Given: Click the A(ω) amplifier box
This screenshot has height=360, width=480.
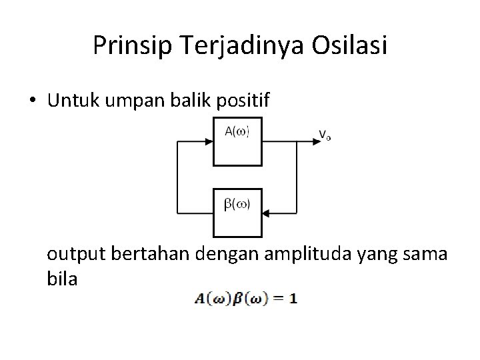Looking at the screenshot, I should (x=237, y=141).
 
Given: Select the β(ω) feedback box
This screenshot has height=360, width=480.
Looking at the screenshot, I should (x=237, y=212).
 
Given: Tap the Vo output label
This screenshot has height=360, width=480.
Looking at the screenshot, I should (x=325, y=135).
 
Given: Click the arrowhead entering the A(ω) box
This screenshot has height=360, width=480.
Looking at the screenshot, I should (x=208, y=141).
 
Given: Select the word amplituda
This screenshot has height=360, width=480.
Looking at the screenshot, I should (x=302, y=255).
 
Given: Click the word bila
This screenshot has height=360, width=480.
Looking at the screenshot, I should (x=62, y=279).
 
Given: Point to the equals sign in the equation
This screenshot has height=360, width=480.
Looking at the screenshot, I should (x=277, y=299).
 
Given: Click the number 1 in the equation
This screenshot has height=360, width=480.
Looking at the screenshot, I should (x=293, y=299).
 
